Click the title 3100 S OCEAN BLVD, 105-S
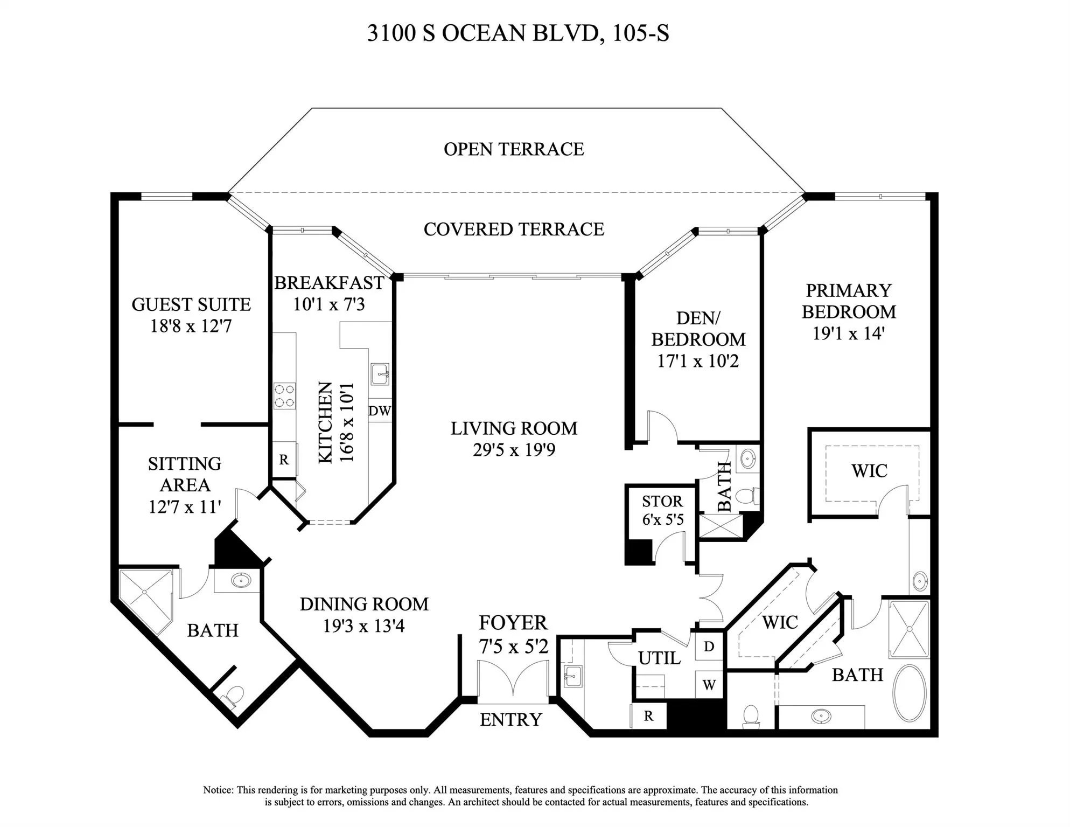pyautogui.click(x=517, y=33)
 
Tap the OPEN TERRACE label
pyautogui.click(x=513, y=149)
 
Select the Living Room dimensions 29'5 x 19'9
pyautogui.click(x=513, y=450)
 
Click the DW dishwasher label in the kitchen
pyautogui.click(x=379, y=411)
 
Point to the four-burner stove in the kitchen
pyautogui.click(x=284, y=396)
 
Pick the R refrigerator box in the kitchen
pyautogui.click(x=284, y=460)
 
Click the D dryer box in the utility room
pyautogui.click(x=709, y=647)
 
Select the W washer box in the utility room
pyautogui.click(x=709, y=685)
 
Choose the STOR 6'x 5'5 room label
pyautogui.click(x=662, y=510)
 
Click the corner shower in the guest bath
pyautogui.click(x=144, y=594)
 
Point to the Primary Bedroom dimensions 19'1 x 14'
pyautogui.click(x=848, y=334)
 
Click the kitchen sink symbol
pyautogui.click(x=380, y=373)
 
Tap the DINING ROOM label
pyautogui.click(x=364, y=604)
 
